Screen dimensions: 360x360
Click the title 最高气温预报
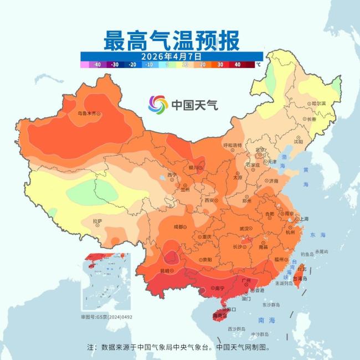171,40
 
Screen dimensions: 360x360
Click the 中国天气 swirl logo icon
158,104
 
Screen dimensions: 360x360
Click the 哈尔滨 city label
318,104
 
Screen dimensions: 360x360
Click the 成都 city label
178,227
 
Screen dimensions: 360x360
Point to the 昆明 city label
164,270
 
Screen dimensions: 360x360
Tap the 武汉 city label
244,228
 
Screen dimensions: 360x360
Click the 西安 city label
210,200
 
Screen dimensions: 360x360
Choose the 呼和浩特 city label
232,145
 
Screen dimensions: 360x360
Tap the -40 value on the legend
97,65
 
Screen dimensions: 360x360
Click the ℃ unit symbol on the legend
258,65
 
